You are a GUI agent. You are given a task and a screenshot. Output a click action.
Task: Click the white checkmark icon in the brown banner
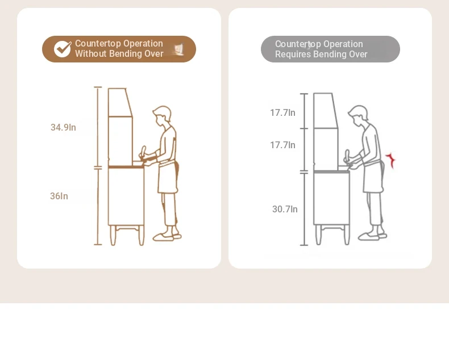[63, 49]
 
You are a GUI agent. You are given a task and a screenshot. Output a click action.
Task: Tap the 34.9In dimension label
[63, 127]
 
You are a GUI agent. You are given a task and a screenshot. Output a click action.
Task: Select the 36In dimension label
[59, 196]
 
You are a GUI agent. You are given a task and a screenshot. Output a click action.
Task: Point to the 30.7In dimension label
[285, 209]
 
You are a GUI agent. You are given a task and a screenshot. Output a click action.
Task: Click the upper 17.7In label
[282, 113]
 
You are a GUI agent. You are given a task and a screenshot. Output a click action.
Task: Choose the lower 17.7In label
[282, 145]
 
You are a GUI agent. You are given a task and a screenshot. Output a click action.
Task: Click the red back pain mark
[390, 160]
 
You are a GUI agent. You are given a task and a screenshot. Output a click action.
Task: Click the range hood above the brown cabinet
[120, 102]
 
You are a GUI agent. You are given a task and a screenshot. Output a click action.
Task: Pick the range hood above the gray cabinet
[326, 111]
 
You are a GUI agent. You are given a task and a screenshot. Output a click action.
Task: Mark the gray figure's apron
[373, 177]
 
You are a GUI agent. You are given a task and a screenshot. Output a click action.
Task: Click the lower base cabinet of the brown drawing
[126, 196]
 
